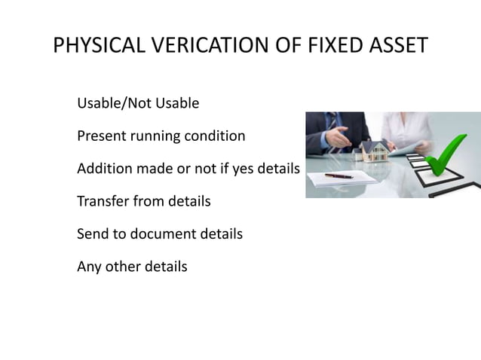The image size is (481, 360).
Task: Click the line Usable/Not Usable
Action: (138, 103)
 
